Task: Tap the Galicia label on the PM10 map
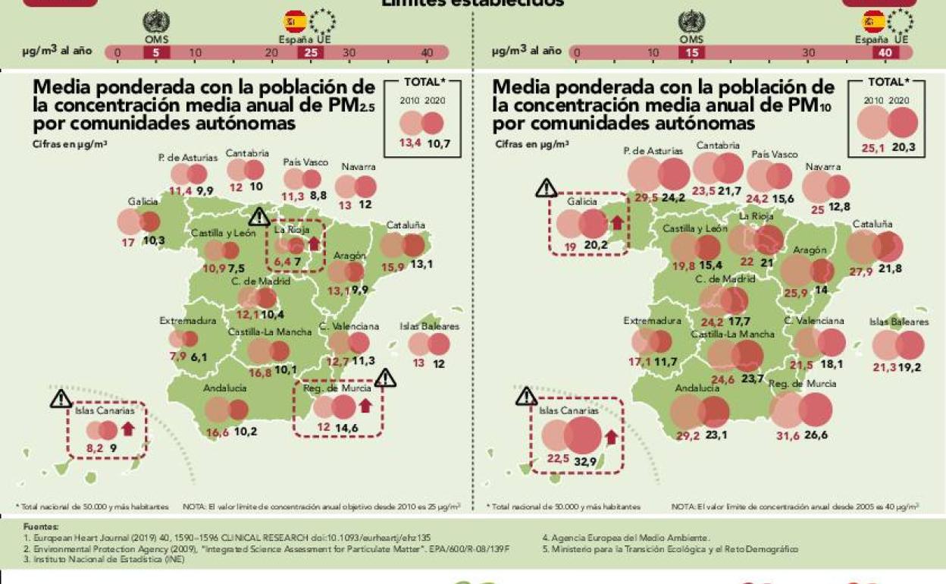coord(583,203)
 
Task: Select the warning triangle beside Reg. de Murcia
coord(385,378)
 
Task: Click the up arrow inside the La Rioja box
coord(313,244)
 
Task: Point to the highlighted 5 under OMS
coord(156,52)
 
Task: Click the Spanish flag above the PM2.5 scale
coord(294,21)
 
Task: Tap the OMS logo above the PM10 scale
coord(691,21)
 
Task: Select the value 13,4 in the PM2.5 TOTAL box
coord(412,143)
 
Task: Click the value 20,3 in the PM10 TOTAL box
coord(904,148)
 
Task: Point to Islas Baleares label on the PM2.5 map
coord(430,326)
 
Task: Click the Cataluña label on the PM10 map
coord(872,224)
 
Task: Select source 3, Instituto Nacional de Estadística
coord(104,559)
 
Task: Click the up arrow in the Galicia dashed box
coord(616,223)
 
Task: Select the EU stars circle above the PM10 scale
coord(900,21)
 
